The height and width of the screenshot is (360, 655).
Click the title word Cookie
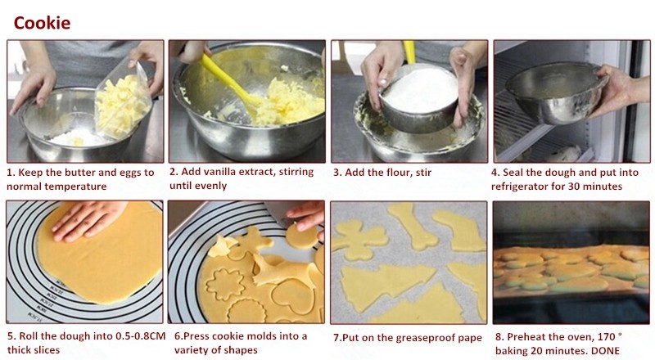(42, 22)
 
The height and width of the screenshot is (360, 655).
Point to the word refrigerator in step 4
(525, 187)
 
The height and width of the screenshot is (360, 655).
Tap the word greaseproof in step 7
(414, 337)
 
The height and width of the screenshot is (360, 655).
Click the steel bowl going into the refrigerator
(556, 90)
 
